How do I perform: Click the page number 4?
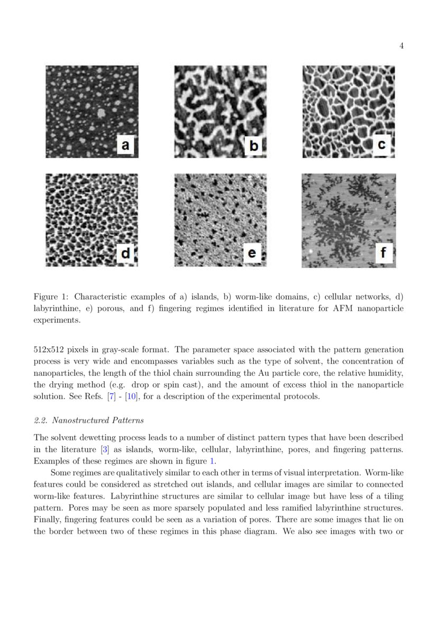(402, 46)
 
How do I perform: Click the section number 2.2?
(40, 420)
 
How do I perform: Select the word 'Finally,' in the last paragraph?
(47, 519)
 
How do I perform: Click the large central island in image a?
(101, 112)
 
